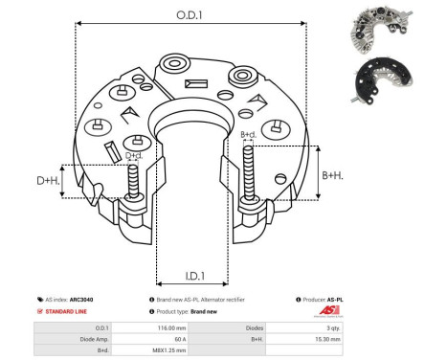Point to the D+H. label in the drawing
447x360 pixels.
click(x=49, y=181)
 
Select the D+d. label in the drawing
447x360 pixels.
click(x=134, y=155)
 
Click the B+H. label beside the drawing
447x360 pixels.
click(x=332, y=175)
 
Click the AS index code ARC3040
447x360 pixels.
click(x=82, y=299)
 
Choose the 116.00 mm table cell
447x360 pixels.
click(x=179, y=327)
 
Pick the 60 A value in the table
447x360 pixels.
click(x=179, y=339)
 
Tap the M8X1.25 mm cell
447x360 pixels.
click(x=179, y=350)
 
